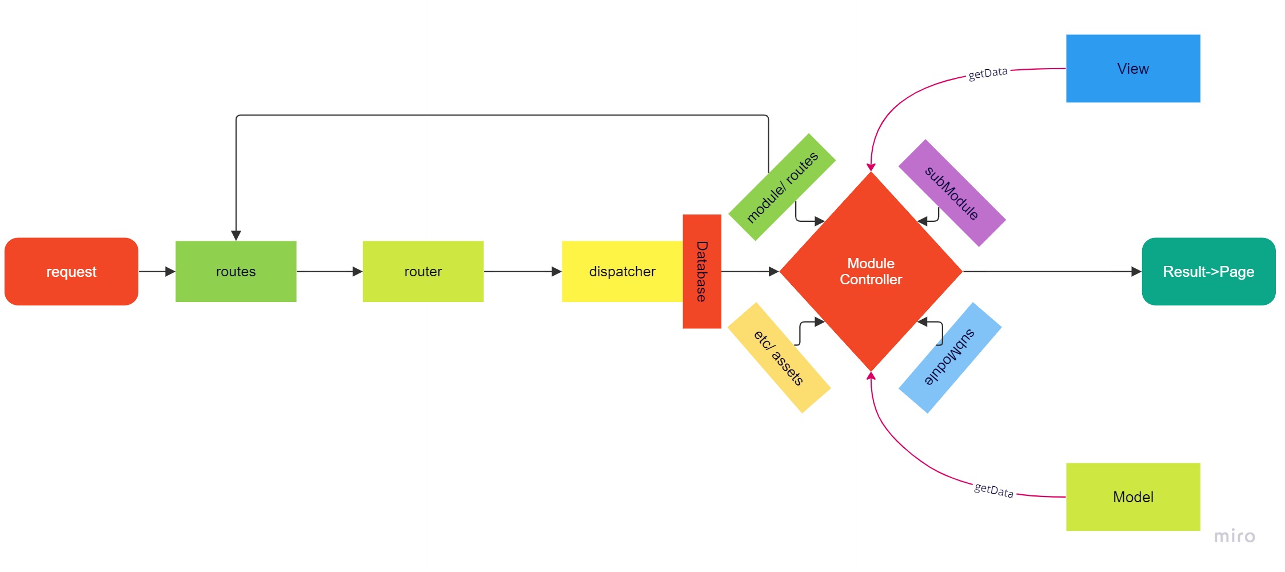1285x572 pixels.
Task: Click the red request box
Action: point(71,272)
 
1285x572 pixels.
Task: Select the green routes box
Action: point(236,272)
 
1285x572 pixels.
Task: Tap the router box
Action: point(423,272)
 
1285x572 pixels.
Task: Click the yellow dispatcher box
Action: point(622,272)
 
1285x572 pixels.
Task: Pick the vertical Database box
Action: point(702,272)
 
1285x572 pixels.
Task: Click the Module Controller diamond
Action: point(871,272)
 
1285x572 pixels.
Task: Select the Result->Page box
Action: point(1208,272)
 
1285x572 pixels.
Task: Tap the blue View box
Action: point(1133,69)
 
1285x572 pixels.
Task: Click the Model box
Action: point(1133,496)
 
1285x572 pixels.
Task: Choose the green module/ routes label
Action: point(782,187)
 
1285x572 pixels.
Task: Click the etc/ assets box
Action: point(779,357)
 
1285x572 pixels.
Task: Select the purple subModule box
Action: point(952,193)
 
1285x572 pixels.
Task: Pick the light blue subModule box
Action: point(950,357)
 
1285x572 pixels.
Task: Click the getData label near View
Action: point(988,73)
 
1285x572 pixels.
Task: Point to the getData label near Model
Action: point(993,490)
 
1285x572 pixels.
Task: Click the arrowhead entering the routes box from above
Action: point(236,235)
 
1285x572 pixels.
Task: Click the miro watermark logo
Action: point(1235,537)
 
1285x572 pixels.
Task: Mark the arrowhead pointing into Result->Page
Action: point(1136,272)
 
